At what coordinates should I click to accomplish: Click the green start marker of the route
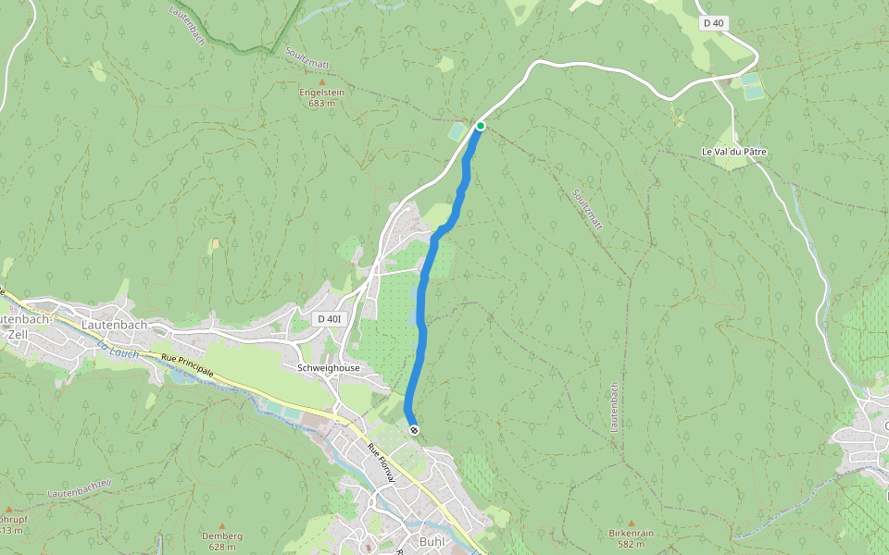point(481,126)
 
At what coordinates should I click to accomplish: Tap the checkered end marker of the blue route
point(413,429)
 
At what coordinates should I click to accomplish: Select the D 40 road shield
point(711,23)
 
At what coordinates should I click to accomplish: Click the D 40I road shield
point(329,319)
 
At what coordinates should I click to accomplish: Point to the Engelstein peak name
point(321,92)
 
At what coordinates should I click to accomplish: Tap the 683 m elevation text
point(321,104)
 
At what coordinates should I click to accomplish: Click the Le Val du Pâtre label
point(734,152)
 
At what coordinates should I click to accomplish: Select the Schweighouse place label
point(329,368)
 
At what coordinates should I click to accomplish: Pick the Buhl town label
point(432,542)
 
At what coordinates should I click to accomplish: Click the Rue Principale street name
point(188,365)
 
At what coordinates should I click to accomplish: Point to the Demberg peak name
point(222,536)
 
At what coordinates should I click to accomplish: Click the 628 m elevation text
point(222,547)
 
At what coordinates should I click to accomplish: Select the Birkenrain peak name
point(632,534)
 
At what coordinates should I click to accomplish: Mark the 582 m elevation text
point(632,545)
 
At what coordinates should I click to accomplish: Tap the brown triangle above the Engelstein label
point(322,82)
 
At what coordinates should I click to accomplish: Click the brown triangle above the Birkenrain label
point(632,524)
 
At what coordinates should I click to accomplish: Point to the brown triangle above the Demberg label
point(222,525)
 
